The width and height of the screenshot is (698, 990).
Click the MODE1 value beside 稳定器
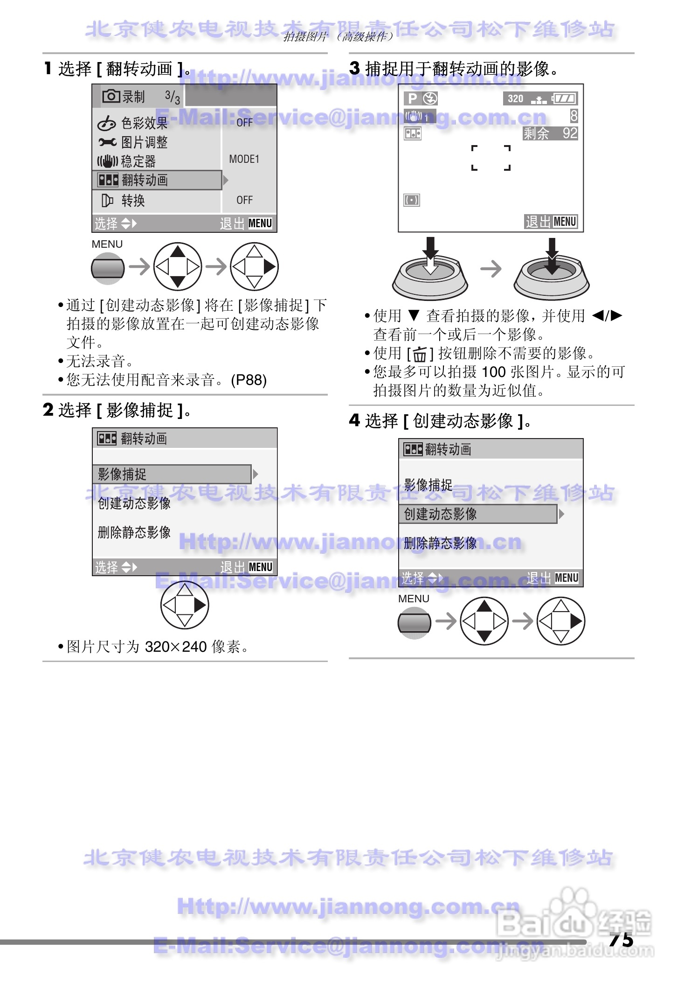(x=244, y=160)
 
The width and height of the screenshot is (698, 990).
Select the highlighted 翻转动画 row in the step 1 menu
(x=157, y=180)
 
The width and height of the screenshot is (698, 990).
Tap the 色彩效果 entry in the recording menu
(x=144, y=123)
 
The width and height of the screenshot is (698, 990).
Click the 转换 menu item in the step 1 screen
(x=133, y=201)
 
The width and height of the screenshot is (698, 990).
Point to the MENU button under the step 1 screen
(x=108, y=268)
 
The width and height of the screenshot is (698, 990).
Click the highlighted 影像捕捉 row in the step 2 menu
(x=172, y=474)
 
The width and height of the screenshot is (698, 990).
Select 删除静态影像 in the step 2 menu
(x=134, y=532)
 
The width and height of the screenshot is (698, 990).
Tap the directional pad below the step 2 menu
(x=185, y=605)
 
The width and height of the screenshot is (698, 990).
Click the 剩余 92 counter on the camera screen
(x=550, y=134)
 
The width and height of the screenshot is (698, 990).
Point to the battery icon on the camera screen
(x=565, y=98)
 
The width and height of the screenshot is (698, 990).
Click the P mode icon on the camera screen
(x=412, y=98)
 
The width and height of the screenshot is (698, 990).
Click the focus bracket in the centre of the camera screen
(x=491, y=158)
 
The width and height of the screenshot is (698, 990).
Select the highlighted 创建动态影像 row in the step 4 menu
(x=478, y=514)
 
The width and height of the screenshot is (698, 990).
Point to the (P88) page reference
(x=249, y=380)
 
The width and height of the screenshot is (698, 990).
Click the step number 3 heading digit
(x=354, y=69)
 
